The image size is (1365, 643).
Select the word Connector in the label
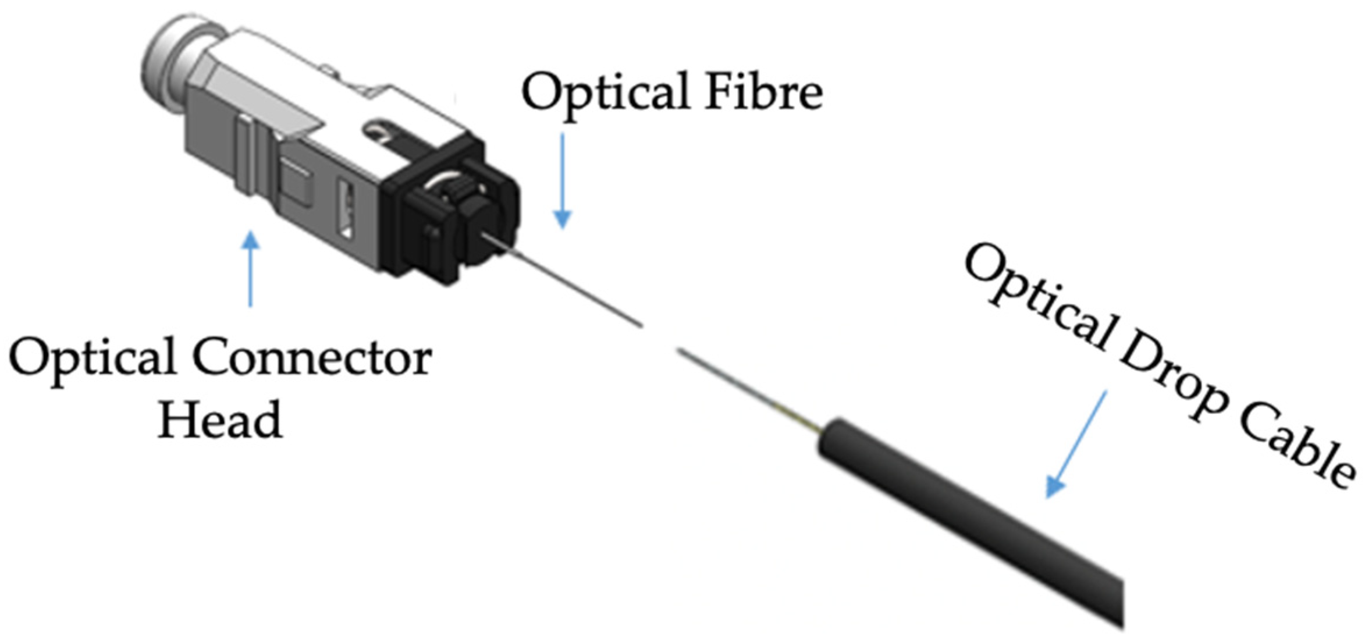(311, 358)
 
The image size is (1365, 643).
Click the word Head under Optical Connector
(220, 420)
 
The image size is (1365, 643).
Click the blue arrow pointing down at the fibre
(562, 180)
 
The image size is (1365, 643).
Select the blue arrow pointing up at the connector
(251, 268)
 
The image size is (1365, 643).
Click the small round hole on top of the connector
(377, 132)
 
